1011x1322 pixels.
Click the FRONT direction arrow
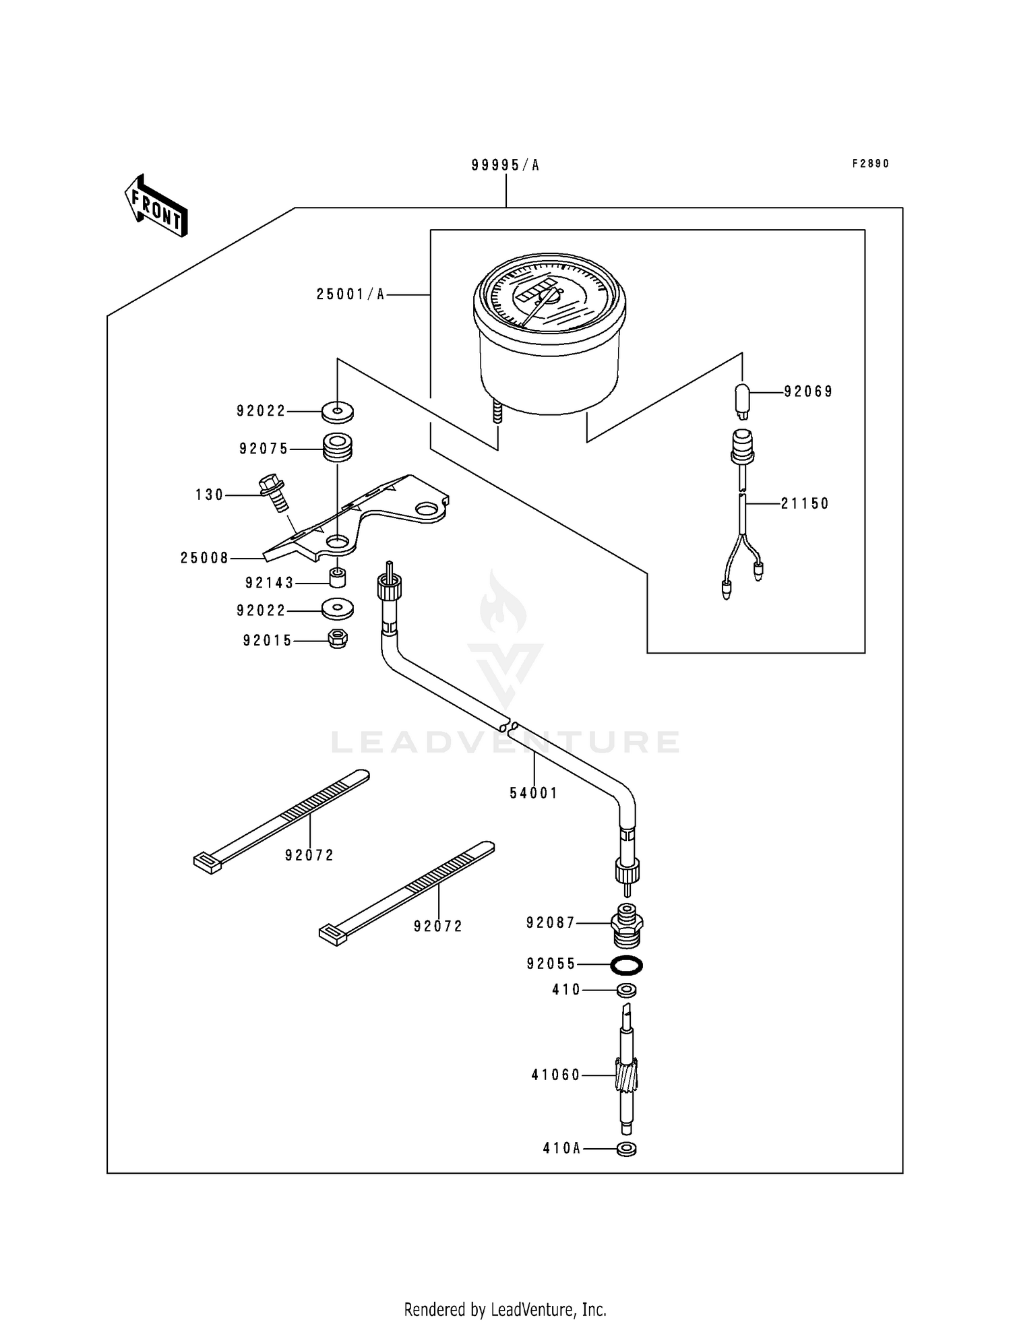[156, 207]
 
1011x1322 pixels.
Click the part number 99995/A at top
[506, 165]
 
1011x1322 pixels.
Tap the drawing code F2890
[871, 164]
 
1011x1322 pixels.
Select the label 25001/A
[350, 294]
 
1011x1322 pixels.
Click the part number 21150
[805, 503]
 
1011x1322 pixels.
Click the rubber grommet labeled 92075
[338, 447]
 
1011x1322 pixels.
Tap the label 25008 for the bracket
[205, 558]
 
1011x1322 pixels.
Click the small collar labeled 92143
[337, 578]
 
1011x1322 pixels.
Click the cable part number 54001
[534, 793]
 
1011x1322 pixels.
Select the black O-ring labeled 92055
[626, 965]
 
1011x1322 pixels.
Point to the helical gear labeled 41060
[626, 1074]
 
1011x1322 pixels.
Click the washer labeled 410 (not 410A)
[626, 990]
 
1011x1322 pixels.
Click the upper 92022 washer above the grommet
[337, 410]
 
